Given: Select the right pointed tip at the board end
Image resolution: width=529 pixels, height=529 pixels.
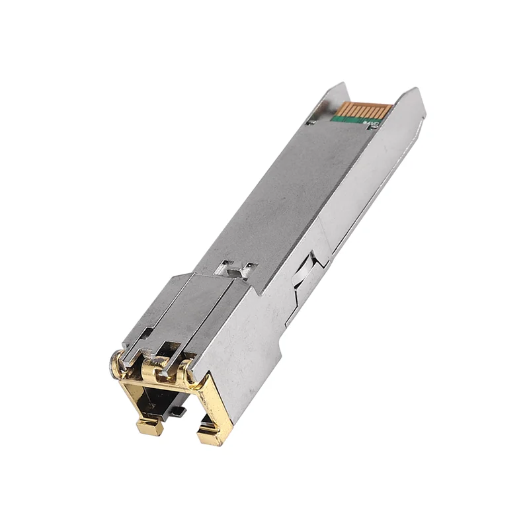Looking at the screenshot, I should click(x=415, y=90).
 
